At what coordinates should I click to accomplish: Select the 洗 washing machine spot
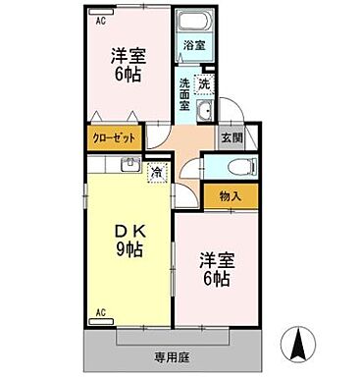point(204,83)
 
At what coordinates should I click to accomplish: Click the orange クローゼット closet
point(115,139)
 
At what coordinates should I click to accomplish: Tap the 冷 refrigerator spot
point(156,173)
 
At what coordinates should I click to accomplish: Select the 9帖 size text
point(128,249)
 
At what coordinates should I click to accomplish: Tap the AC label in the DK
point(100,313)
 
